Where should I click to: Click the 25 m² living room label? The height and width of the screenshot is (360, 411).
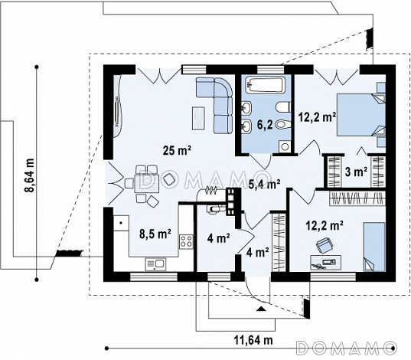pos(177,150)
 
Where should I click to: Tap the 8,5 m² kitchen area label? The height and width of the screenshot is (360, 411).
pos(155,234)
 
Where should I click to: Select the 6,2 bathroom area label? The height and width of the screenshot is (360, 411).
pos(265,126)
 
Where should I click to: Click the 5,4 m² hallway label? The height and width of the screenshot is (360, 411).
pos(264,184)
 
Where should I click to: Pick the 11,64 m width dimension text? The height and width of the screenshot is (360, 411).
pos(253,340)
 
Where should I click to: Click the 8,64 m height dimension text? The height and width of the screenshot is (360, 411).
pos(30,175)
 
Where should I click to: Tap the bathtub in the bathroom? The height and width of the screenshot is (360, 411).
pos(266,84)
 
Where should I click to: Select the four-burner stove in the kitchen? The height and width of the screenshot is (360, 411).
pos(186,242)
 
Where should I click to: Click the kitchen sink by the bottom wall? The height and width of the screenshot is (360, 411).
pos(155,264)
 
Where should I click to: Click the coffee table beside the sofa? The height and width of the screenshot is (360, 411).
pos(198,118)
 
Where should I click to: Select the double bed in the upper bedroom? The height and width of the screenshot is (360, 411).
pos(361,115)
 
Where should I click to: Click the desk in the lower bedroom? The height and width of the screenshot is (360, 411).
pos(325,263)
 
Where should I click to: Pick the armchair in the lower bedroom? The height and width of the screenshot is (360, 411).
pos(325,245)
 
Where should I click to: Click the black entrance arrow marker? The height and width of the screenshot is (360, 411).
pos(260,309)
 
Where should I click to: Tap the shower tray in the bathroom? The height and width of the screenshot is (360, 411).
pos(285,146)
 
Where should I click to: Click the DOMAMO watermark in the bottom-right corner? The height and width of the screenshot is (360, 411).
pos(346,348)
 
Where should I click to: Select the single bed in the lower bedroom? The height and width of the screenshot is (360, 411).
pos(374,247)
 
